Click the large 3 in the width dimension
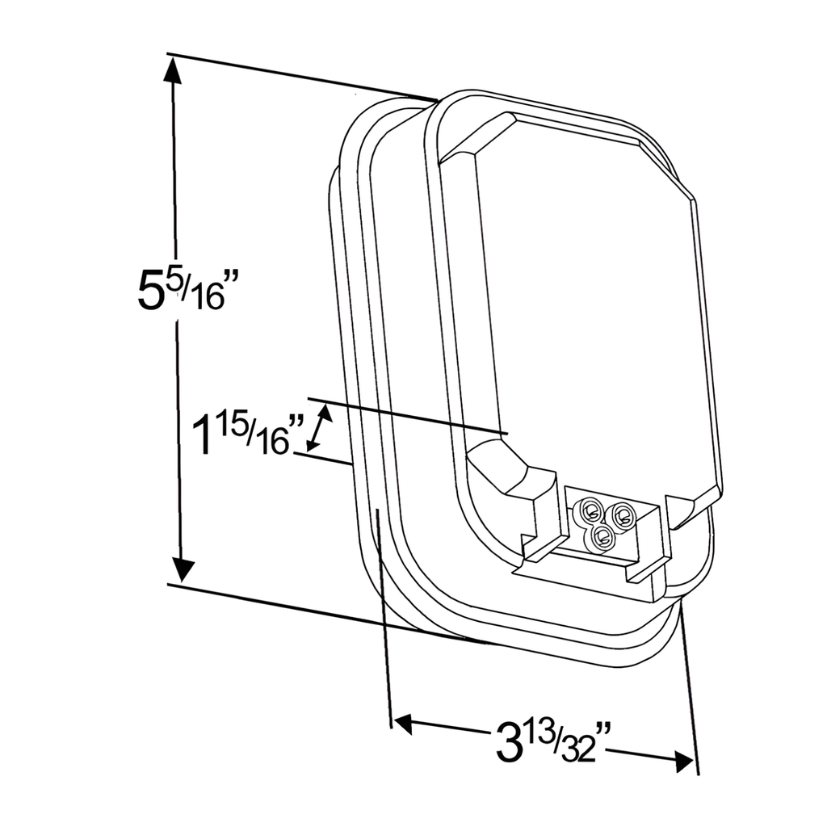508,744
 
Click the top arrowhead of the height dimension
172,73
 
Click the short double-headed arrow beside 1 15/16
319,428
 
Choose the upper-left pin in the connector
591,510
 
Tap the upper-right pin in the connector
622,513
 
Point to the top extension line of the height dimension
299,77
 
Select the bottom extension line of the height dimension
315,611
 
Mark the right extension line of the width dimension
689,686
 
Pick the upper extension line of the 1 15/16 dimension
404,415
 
